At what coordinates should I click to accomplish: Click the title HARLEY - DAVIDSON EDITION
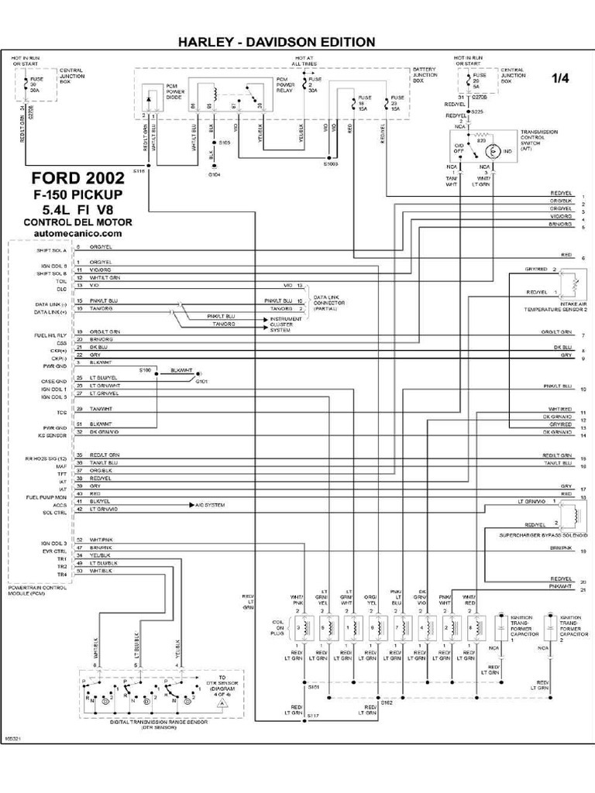click(x=277, y=41)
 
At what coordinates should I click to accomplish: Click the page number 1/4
click(x=559, y=77)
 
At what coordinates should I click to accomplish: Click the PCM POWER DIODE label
click(x=175, y=93)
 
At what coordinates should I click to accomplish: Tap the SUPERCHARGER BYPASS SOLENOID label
click(x=540, y=535)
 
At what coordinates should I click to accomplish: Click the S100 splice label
click(x=146, y=370)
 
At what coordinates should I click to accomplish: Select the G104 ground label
click(x=214, y=175)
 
